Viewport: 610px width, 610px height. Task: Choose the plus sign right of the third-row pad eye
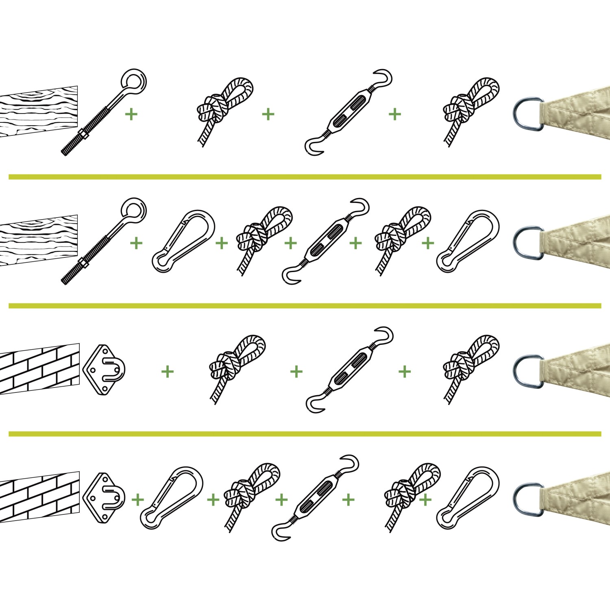coord(167,371)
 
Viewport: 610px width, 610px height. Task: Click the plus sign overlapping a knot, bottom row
coord(425,500)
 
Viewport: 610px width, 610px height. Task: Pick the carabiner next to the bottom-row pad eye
coord(172,498)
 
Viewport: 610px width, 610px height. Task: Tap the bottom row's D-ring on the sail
coord(527,499)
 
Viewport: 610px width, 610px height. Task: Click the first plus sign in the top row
coord(131,114)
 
